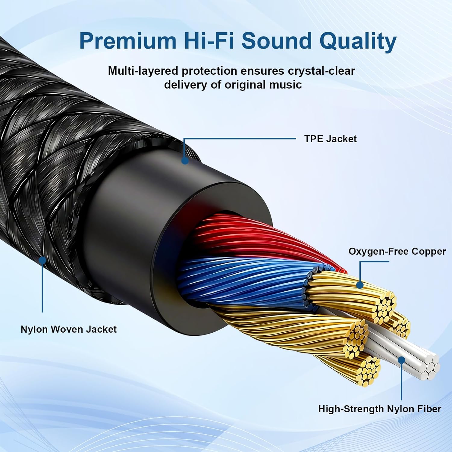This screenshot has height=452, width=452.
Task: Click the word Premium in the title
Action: (x=128, y=41)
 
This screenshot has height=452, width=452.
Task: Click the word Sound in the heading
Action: (x=277, y=41)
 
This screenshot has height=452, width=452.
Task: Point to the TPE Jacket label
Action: (x=330, y=139)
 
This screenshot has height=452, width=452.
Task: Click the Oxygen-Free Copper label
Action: (x=397, y=251)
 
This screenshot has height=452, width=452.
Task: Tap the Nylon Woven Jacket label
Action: (x=68, y=329)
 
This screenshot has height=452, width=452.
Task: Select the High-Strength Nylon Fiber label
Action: (x=379, y=409)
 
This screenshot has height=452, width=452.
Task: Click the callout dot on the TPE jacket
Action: (x=185, y=160)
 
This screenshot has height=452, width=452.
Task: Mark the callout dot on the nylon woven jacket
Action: (x=42, y=260)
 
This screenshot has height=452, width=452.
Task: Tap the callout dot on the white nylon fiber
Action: (x=401, y=360)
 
